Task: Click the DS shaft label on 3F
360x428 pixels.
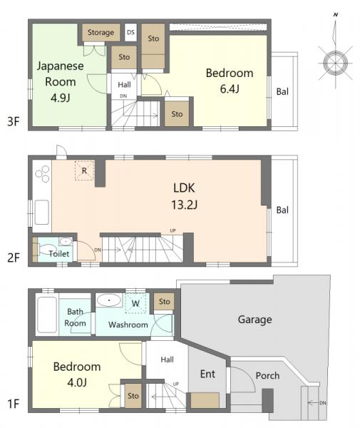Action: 130,32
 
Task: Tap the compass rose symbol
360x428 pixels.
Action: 335,63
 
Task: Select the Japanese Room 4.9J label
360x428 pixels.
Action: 61,81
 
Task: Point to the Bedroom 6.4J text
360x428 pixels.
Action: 230,81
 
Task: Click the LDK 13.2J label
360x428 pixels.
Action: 184,196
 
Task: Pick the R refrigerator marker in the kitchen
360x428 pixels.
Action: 84,170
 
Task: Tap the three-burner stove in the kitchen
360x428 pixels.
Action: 42,173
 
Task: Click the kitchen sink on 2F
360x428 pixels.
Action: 42,213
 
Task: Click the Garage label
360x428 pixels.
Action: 254,320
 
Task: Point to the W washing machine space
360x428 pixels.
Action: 135,303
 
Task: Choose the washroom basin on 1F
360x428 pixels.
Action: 109,300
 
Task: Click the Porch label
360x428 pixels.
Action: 267,376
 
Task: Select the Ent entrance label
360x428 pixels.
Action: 207,374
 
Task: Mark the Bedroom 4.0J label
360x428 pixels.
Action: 77,374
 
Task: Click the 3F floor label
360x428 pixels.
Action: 14,121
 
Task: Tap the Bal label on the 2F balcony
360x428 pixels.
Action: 282,210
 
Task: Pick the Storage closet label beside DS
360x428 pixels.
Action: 101,33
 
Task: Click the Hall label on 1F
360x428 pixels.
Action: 167,360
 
